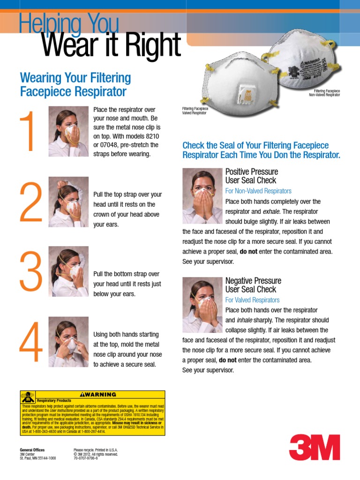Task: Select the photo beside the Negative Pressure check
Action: click(202, 305)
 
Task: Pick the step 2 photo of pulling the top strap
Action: click(68, 202)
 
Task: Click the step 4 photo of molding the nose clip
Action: click(68, 342)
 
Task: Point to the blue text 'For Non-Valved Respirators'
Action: click(258, 191)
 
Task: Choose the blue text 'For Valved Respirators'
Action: click(252, 300)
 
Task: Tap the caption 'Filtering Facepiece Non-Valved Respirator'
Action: click(324, 92)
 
